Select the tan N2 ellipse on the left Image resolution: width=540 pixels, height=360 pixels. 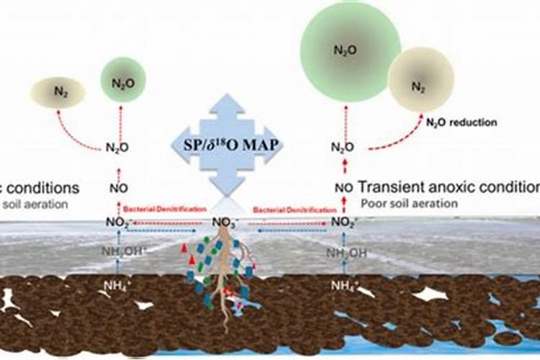pyautogui.click(x=58, y=92)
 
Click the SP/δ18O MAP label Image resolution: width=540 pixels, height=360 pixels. pyautogui.click(x=227, y=143)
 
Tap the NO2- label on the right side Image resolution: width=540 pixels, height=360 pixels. pyautogui.click(x=343, y=221)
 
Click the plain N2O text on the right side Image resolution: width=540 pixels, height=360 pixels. pyautogui.click(x=343, y=148)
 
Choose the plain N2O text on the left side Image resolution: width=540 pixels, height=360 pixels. pyautogui.click(x=119, y=148)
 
